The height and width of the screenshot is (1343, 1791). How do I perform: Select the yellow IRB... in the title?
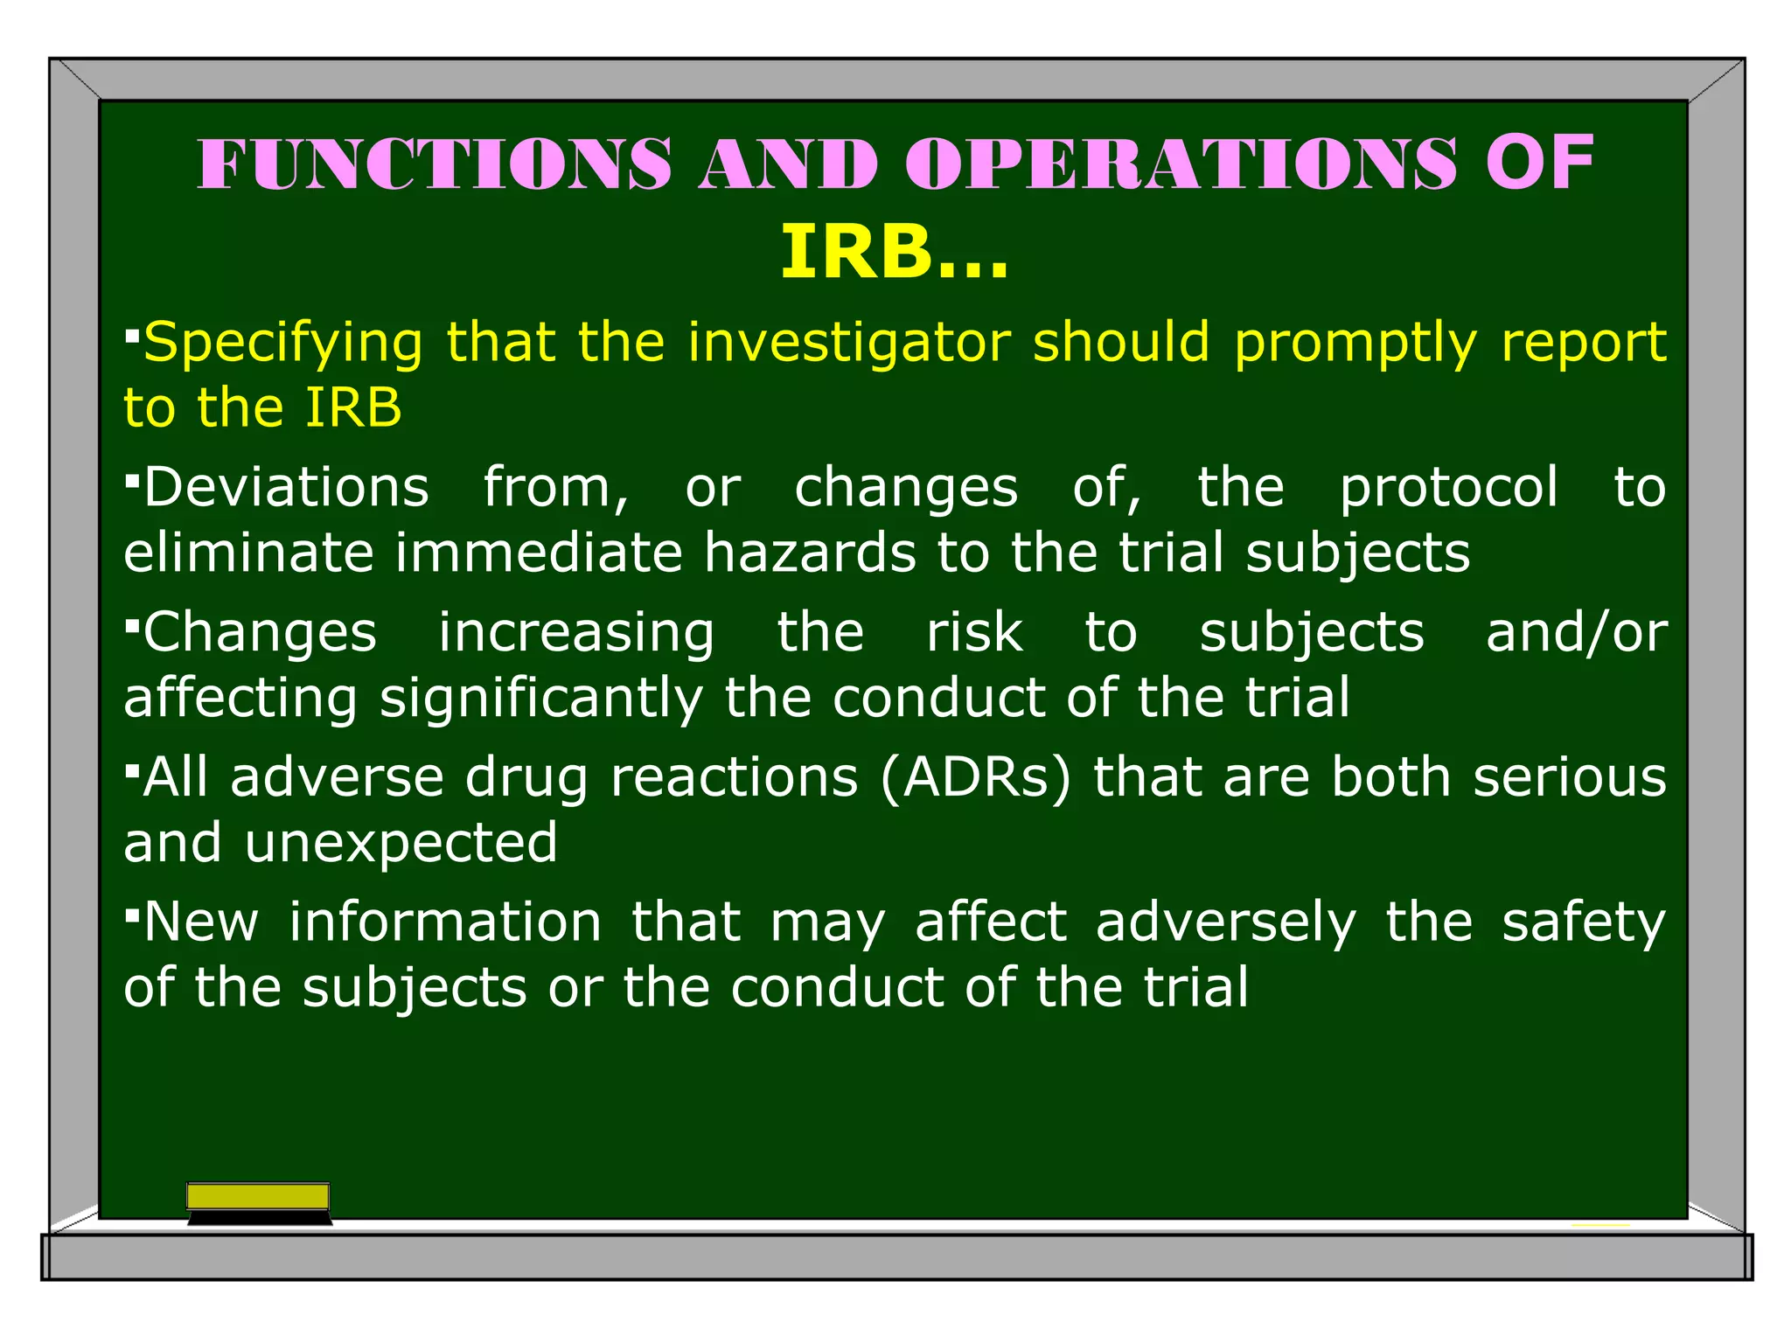(x=895, y=253)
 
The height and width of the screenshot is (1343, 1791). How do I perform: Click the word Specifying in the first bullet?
(x=283, y=343)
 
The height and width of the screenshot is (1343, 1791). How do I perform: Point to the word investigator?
(x=848, y=343)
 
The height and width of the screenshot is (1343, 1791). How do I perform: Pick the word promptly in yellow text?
(x=1355, y=343)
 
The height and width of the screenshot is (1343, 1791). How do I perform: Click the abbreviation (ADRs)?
(x=975, y=777)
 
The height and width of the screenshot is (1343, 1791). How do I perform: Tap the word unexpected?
(x=401, y=843)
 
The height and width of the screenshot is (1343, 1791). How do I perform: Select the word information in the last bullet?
(x=445, y=922)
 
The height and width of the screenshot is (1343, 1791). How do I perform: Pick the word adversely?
(x=1225, y=923)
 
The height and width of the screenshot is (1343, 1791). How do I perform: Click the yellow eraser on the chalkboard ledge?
(x=258, y=1197)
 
